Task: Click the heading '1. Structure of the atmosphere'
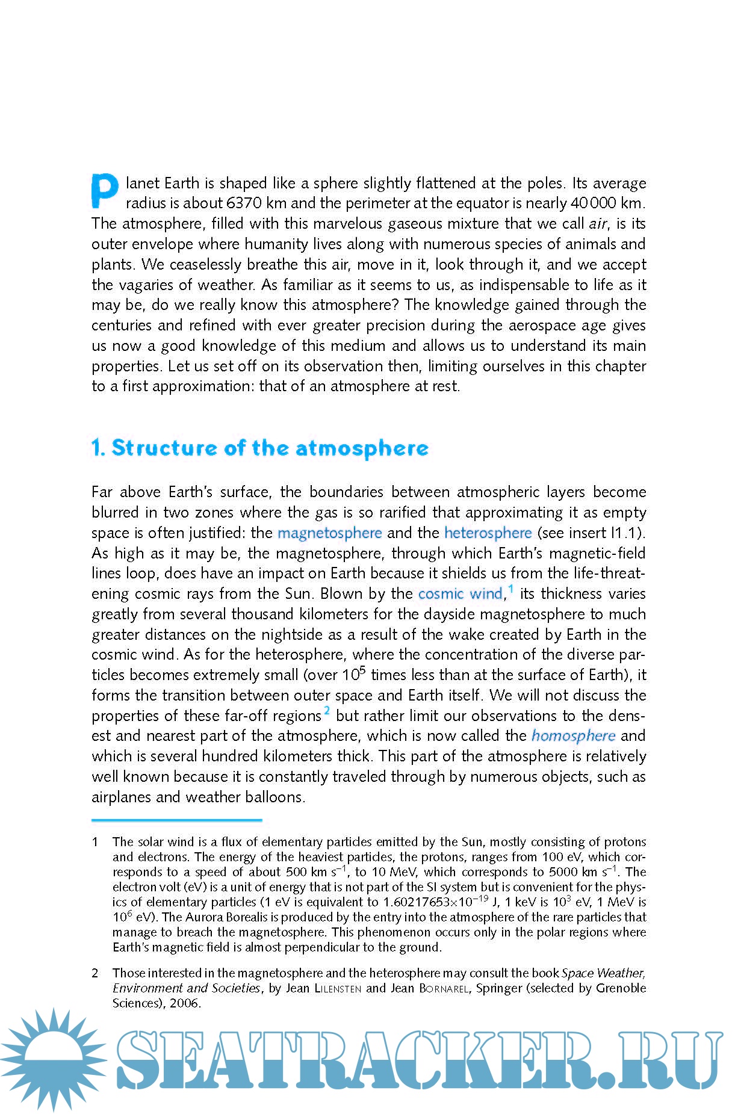[260, 448]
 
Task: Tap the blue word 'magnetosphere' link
[329, 533]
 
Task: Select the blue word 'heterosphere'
[488, 533]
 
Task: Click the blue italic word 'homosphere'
[573, 736]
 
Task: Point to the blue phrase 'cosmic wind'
[461, 594]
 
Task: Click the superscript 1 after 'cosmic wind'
[510, 589]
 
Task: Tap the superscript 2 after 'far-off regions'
[327, 711]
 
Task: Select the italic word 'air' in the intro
[597, 224]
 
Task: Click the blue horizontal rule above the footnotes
[176, 820]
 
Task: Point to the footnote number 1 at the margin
[95, 842]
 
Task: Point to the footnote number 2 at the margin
[95, 973]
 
